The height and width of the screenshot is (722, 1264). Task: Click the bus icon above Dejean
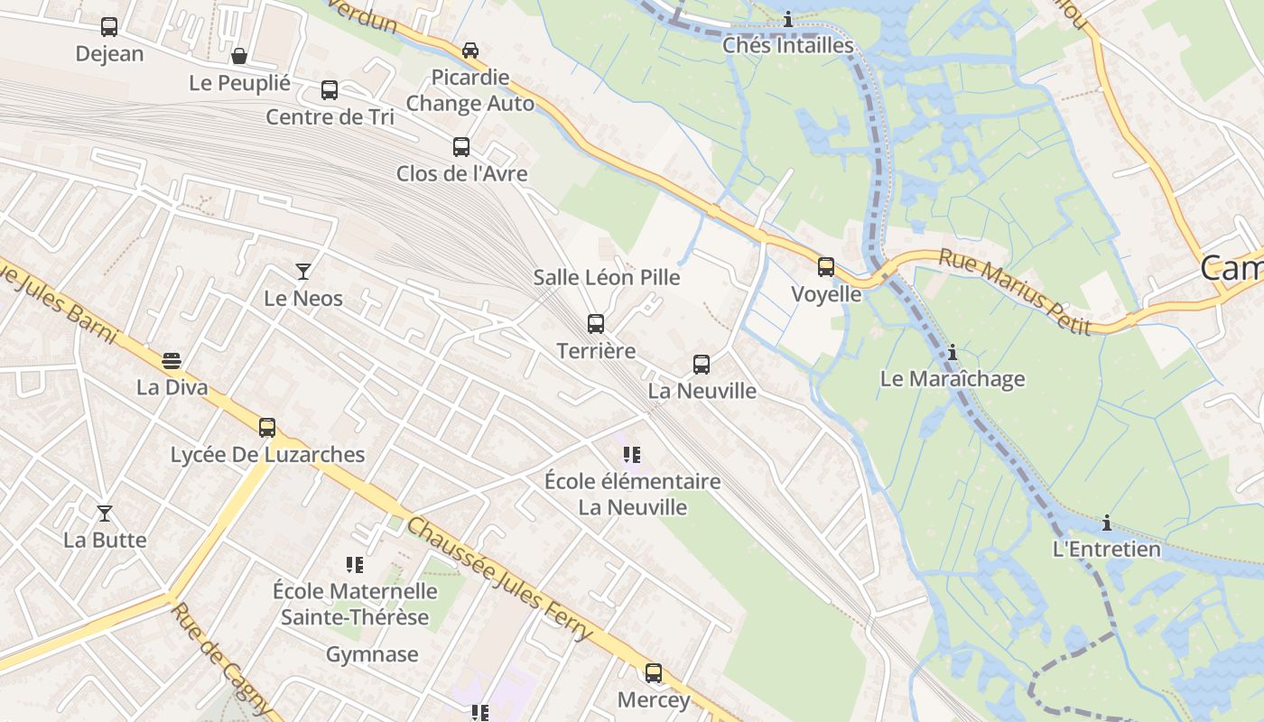109,27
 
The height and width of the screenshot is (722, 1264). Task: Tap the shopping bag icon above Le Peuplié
239,56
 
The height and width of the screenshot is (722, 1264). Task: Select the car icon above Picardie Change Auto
470,51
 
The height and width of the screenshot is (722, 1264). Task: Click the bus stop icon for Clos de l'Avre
461,146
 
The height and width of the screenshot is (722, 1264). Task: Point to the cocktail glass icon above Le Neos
303,271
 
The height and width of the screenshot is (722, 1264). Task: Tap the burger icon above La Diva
172,361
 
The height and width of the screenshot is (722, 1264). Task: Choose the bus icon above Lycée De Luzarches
267,428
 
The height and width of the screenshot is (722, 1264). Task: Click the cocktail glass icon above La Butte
105,514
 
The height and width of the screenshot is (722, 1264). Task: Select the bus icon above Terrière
596,323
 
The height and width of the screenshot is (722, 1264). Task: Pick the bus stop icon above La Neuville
702,365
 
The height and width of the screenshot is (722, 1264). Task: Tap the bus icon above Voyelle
826,267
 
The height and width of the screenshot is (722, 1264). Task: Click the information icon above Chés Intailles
788,19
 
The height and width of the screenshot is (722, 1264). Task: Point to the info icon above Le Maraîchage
953,352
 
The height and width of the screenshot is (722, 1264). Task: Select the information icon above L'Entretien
1107,523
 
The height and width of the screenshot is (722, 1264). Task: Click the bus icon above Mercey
653,672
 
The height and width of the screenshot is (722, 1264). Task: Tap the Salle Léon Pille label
607,277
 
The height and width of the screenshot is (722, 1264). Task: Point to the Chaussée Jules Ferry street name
498,578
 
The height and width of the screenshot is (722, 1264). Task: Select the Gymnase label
372,654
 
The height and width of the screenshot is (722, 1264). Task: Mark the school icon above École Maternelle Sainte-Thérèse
355,565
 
